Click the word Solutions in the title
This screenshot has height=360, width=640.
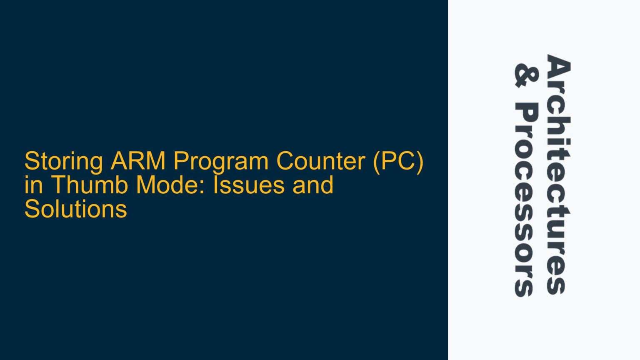pos(75,209)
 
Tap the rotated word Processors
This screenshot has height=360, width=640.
pos(526,200)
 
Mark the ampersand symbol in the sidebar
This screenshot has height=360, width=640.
pos(526,75)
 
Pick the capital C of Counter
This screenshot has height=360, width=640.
pos(286,161)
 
